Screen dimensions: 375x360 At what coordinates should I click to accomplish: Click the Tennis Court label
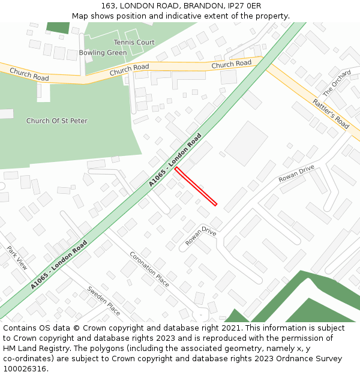[x=134, y=43]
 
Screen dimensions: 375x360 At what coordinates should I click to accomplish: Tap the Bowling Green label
[x=103, y=53]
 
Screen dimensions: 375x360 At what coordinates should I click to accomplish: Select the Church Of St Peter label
[x=56, y=121]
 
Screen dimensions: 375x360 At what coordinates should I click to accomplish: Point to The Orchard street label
[x=337, y=84]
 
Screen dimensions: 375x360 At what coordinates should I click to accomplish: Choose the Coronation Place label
[x=149, y=268]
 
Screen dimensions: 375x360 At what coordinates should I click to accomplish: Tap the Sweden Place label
[x=104, y=301]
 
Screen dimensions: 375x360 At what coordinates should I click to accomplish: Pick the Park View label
[x=17, y=257]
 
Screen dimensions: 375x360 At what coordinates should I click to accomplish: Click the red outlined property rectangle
[x=196, y=187]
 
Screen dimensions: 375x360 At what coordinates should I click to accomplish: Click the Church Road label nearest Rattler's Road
[x=231, y=64]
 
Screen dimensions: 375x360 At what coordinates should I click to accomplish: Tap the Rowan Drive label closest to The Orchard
[x=296, y=174]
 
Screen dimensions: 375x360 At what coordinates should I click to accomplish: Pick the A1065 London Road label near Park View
[x=59, y=265]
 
